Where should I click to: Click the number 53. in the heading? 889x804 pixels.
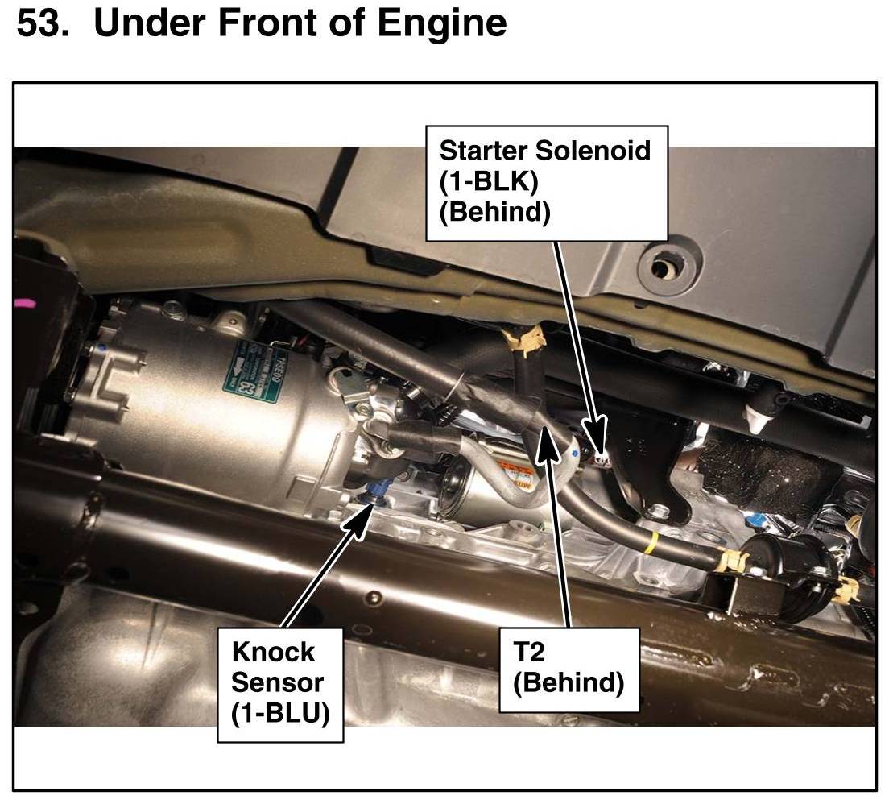click(x=43, y=23)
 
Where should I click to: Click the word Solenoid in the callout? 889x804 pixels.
click(x=593, y=151)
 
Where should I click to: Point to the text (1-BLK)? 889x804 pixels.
click(x=489, y=182)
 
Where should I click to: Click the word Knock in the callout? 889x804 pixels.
click(x=273, y=652)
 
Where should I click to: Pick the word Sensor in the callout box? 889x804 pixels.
click(x=277, y=682)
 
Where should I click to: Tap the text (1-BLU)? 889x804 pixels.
click(x=280, y=714)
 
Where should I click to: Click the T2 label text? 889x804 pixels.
click(x=528, y=652)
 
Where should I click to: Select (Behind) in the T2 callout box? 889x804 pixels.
click(x=568, y=683)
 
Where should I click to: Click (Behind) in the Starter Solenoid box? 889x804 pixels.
click(x=495, y=213)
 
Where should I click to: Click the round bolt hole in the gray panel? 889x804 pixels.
click(x=661, y=266)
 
